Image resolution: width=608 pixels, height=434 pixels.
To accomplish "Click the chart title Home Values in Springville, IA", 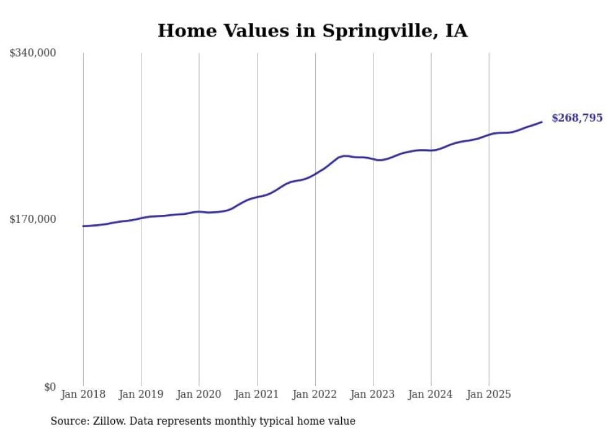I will [312, 30].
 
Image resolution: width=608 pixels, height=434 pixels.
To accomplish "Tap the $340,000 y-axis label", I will [33, 53].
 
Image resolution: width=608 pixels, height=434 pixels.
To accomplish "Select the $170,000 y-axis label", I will [33, 219].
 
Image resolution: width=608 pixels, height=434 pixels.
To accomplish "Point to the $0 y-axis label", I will [50, 387].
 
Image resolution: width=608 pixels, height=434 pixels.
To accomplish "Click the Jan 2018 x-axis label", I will [83, 394].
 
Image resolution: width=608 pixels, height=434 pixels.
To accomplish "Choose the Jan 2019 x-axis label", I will [141, 394].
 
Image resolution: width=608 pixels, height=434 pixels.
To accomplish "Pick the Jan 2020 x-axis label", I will [199, 394].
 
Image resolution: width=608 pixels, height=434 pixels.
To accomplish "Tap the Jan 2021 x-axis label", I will [257, 394].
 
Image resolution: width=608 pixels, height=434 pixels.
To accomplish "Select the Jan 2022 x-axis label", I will [315, 394].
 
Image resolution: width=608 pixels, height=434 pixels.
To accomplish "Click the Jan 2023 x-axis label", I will [373, 394].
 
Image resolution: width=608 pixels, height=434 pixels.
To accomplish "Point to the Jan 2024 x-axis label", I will [431, 394].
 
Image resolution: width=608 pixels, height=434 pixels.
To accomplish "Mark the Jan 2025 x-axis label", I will [489, 394].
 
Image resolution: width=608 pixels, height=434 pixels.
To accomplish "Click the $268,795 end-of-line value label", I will [576, 118].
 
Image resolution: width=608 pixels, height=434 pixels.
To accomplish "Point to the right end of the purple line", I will [542, 122].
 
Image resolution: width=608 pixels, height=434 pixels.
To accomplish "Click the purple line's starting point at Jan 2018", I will [83, 226].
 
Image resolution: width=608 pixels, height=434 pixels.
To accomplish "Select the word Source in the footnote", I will [67, 421].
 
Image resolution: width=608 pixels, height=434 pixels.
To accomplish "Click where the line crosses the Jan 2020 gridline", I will [199, 212].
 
